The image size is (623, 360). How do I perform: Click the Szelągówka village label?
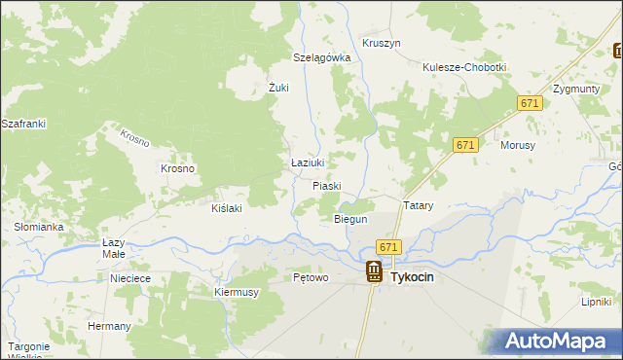pos(321,57)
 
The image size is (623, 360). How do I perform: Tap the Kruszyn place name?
pos(381,44)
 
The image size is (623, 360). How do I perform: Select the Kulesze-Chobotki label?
pos(464,67)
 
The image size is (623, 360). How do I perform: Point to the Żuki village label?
pos(279,88)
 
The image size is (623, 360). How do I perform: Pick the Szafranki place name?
pos(23,125)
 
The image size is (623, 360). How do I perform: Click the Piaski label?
pos(328,185)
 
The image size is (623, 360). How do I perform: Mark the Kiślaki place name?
pos(226,207)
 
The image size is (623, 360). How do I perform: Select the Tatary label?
pos(418,206)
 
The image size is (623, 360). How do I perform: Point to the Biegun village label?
pos(350,220)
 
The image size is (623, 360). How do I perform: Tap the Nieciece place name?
pos(130,278)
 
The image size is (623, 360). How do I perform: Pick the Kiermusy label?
pos(236,291)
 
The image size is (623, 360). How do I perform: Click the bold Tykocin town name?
pos(412,277)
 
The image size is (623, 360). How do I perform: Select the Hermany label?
pos(109,326)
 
